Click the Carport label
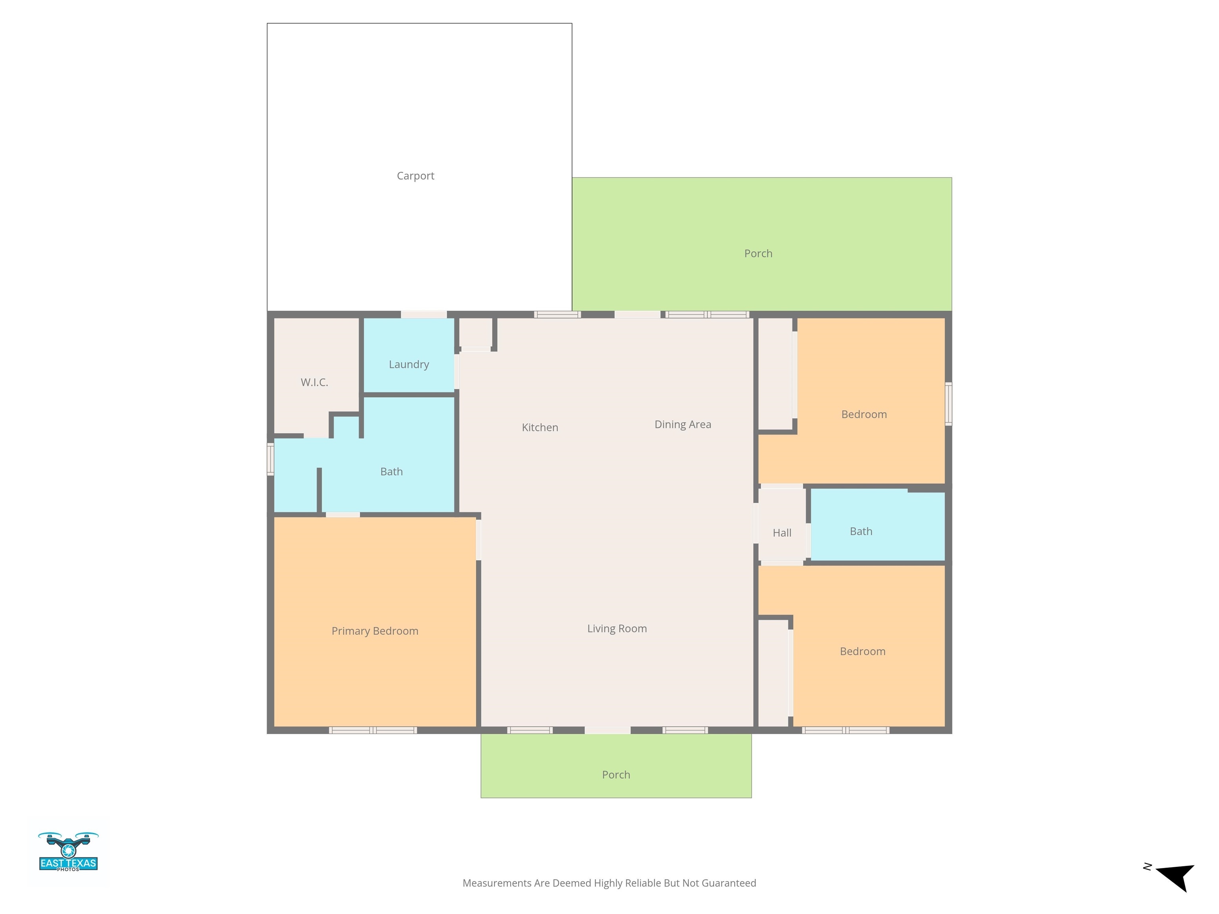(x=415, y=176)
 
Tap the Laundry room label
(x=409, y=365)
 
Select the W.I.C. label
(x=314, y=382)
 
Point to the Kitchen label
(x=540, y=428)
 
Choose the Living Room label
(x=617, y=629)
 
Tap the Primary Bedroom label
(x=375, y=631)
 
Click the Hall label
(x=782, y=533)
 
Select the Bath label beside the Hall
(x=861, y=532)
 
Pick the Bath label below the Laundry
(x=391, y=472)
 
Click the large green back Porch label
(x=758, y=253)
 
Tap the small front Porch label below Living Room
(x=616, y=775)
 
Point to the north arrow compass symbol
(x=1174, y=877)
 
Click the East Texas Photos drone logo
(x=68, y=852)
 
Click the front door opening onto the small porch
(x=607, y=731)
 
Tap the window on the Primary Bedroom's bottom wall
(x=373, y=731)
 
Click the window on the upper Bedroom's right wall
(x=948, y=404)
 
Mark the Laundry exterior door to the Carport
(x=424, y=315)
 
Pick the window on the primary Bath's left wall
(x=271, y=459)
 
